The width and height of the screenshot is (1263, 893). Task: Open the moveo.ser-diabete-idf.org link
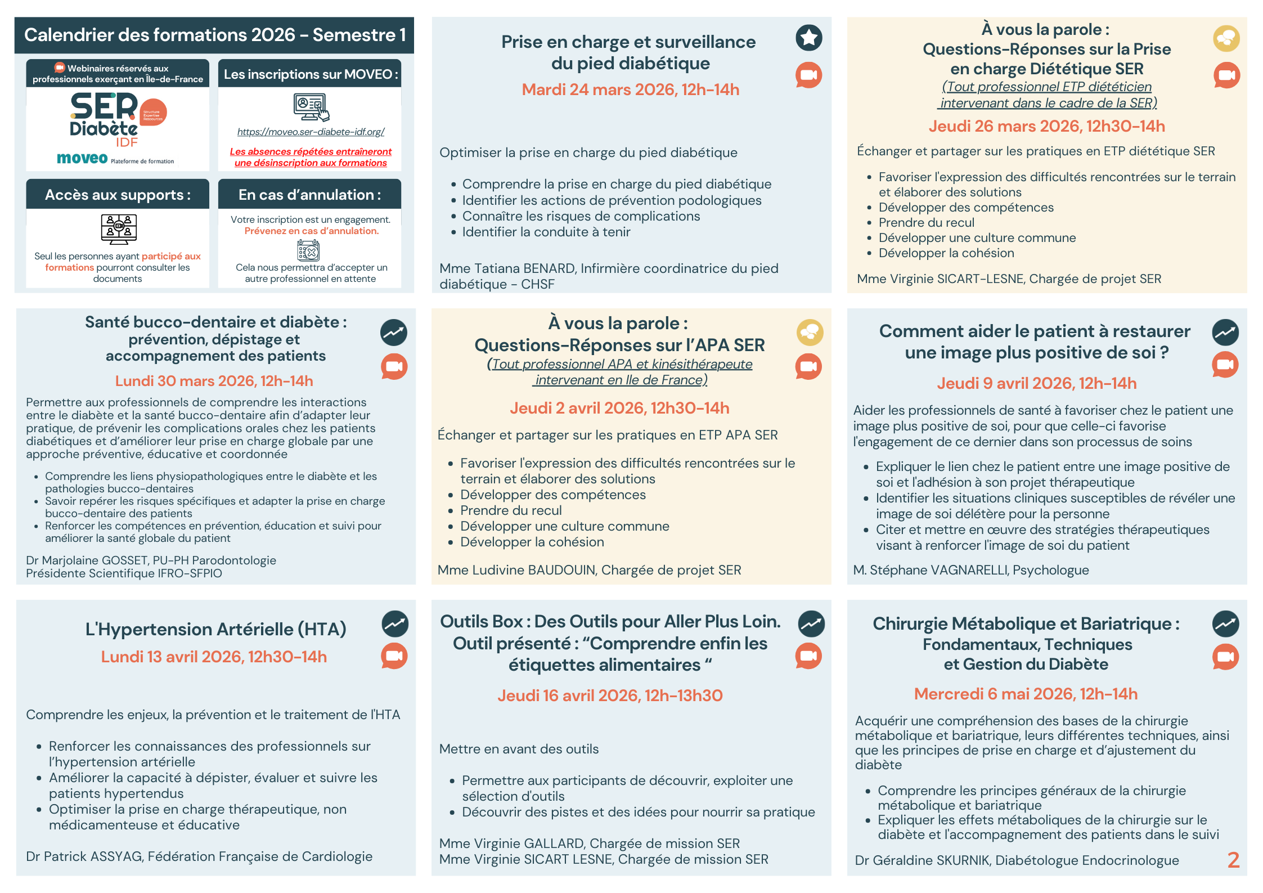[311, 132]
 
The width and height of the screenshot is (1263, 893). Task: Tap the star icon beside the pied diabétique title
[808, 38]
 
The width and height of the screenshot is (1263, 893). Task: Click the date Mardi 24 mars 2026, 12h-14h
[630, 89]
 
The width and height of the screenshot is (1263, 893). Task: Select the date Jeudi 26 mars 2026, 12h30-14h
[1046, 126]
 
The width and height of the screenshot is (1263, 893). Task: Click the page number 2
[1233, 859]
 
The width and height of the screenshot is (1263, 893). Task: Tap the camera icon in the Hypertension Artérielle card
[394, 656]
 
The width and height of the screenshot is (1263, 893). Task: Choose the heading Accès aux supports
[118, 195]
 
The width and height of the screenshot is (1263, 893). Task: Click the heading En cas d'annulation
[309, 195]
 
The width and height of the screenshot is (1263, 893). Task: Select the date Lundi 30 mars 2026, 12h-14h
[214, 381]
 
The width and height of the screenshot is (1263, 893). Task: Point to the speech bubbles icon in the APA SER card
[810, 332]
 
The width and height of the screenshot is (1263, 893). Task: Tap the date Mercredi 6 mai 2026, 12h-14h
[1026, 694]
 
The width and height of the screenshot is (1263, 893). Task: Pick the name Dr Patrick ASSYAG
[84, 856]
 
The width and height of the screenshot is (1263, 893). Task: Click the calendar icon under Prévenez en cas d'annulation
[308, 250]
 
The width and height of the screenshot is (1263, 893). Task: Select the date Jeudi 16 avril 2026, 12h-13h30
[610, 695]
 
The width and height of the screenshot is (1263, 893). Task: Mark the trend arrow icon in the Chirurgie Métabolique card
[1225, 623]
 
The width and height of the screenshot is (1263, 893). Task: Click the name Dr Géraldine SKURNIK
[922, 860]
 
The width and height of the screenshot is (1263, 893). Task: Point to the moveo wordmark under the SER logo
[82, 159]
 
